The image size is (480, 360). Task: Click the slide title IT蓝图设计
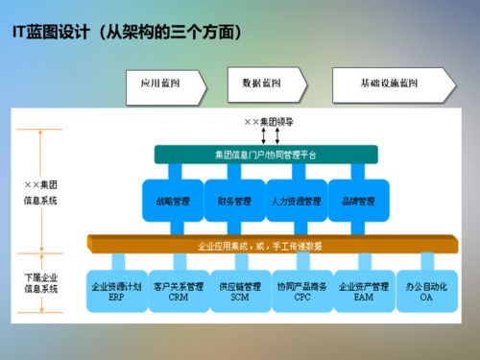click(125, 34)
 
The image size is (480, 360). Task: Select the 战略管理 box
click(173, 202)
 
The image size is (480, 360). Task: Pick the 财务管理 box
click(234, 202)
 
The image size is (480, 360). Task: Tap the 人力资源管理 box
click(297, 202)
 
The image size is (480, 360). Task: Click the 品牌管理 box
click(359, 202)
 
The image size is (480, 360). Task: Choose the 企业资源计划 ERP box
click(115, 291)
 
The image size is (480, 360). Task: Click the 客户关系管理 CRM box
click(179, 291)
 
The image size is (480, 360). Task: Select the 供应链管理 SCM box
click(240, 291)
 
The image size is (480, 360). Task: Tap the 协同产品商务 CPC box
click(301, 291)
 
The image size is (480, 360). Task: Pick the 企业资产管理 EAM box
click(364, 291)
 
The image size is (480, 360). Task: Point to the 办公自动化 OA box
click(426, 291)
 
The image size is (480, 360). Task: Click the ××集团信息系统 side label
click(40, 191)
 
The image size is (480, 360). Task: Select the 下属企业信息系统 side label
click(40, 282)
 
